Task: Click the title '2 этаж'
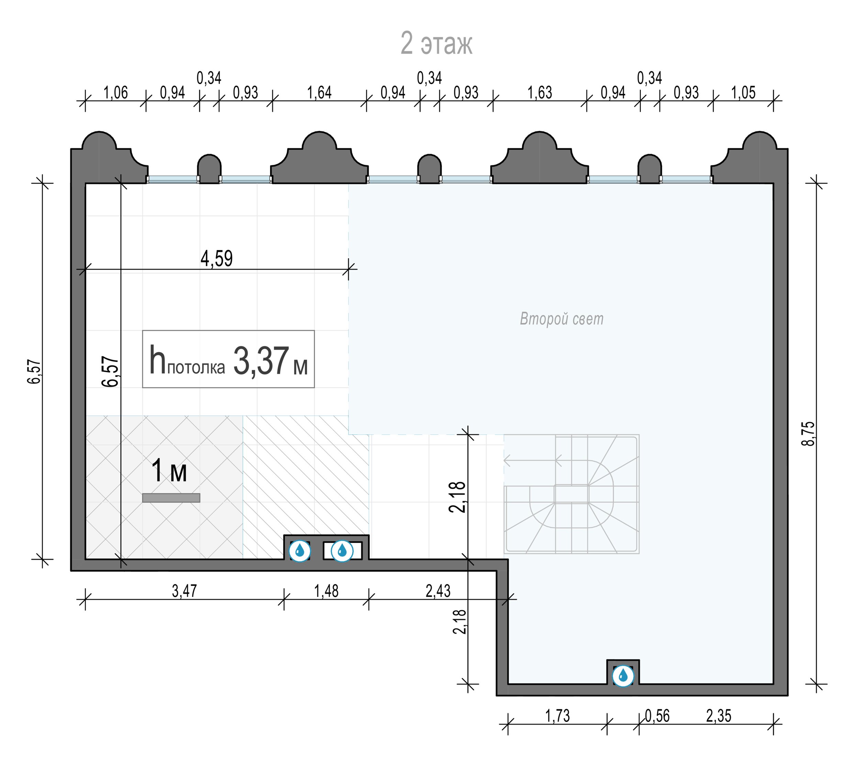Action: click(436, 43)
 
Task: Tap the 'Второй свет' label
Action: click(561, 319)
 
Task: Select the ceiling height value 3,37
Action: click(261, 361)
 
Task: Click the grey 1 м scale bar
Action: click(171, 498)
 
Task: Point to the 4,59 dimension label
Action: click(217, 258)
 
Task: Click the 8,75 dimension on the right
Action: click(809, 434)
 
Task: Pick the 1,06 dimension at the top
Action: click(115, 93)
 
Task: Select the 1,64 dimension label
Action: click(319, 93)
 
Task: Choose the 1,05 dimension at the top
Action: click(743, 93)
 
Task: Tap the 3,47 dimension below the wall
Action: click(184, 591)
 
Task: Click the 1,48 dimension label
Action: click(326, 591)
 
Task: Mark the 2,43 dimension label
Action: click(438, 591)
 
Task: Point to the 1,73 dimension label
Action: click(557, 715)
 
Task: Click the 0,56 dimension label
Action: click(657, 715)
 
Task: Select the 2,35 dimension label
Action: click(719, 715)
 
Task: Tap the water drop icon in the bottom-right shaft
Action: click(623, 676)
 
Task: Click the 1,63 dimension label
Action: click(539, 93)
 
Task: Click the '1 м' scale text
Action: click(169, 471)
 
